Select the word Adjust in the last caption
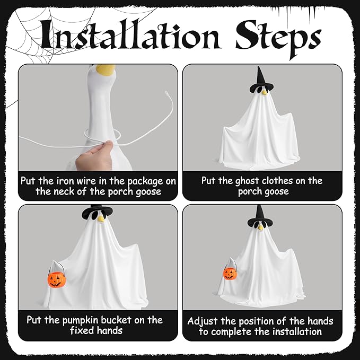click(203, 321)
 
